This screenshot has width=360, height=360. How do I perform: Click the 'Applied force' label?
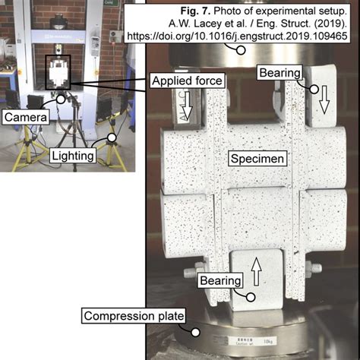tap(186, 81)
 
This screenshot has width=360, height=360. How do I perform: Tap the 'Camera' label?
tap(27, 118)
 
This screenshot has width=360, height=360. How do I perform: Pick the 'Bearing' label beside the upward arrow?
tap(220, 281)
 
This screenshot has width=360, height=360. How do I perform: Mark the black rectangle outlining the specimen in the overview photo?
tap(58, 76)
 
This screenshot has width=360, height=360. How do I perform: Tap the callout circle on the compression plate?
tap(195, 330)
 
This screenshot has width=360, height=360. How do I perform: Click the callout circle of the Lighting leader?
tap(112, 138)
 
